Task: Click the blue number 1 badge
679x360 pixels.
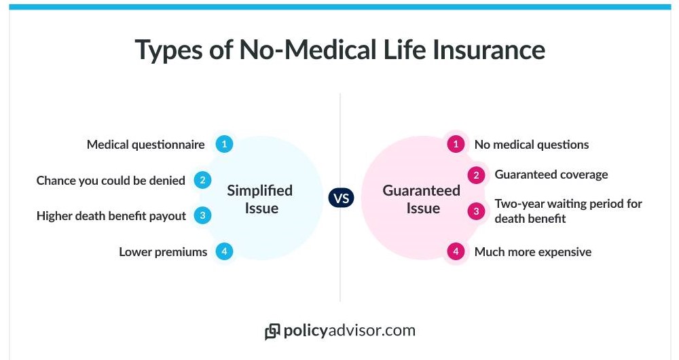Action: tap(224, 144)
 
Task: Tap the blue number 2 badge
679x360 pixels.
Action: tap(202, 180)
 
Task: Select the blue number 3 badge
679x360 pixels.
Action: tap(202, 215)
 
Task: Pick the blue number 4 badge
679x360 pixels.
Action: tap(224, 251)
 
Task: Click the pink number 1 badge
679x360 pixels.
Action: tap(456, 144)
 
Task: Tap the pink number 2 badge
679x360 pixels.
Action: tap(477, 175)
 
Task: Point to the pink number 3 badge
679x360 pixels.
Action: tap(477, 211)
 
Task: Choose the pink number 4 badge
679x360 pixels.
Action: tap(456, 251)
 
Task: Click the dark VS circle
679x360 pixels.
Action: tap(342, 198)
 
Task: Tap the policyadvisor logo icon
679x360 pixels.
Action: tap(272, 332)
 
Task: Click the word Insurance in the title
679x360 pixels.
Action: tap(489, 50)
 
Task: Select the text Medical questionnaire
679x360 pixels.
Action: tap(145, 145)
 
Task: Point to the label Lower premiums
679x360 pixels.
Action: tap(163, 252)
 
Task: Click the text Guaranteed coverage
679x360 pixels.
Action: tap(551, 175)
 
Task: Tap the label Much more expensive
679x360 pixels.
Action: tap(533, 252)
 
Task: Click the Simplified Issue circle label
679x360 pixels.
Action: tap(260, 199)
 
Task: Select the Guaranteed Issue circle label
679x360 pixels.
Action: tap(422, 199)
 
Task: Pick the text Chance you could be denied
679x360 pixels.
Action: tap(111, 181)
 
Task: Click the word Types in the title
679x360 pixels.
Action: tap(168, 51)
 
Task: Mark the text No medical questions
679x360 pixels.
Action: tap(532, 145)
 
